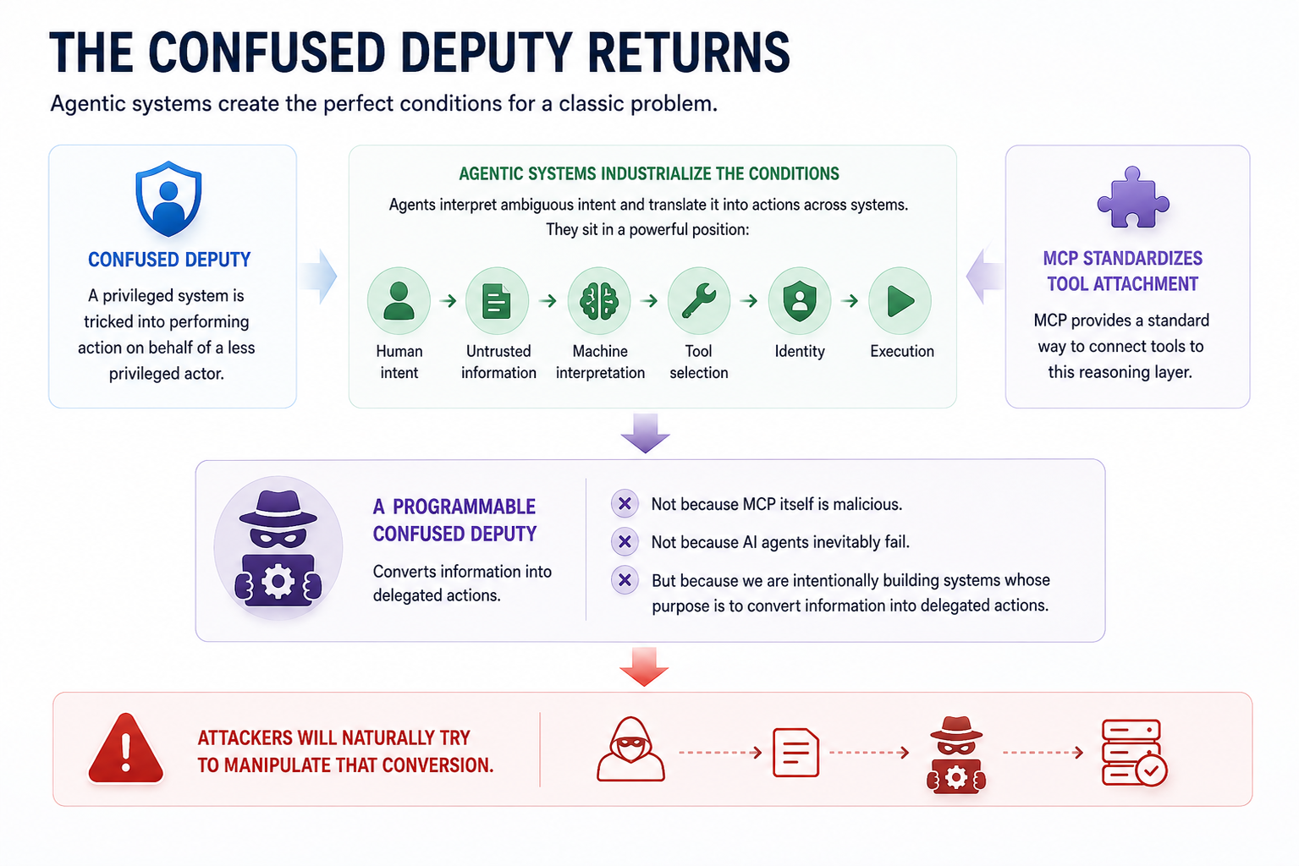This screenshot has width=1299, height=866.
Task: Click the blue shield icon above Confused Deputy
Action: click(168, 199)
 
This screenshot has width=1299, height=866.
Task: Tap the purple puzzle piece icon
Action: click(1133, 198)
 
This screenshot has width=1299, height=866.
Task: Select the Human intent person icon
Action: click(399, 301)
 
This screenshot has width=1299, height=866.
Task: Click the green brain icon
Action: click(599, 301)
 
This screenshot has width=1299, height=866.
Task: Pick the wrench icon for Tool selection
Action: click(699, 301)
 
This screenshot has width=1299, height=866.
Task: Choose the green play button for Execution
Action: click(900, 301)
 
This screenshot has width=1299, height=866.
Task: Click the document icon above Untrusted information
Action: click(497, 301)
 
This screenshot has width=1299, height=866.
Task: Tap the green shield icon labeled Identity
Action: click(800, 301)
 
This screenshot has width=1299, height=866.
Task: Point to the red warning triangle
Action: click(126, 748)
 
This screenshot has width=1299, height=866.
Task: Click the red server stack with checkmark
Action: click(1134, 753)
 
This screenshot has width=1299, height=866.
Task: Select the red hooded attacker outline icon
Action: click(630, 749)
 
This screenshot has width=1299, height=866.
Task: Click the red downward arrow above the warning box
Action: click(644, 666)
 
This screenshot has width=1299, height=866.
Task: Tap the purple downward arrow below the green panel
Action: click(646, 433)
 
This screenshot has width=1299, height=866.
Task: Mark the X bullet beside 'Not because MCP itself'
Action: click(625, 503)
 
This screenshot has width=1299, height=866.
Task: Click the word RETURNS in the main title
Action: click(689, 52)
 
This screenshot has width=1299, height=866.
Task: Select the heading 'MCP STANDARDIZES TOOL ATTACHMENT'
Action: click(1123, 271)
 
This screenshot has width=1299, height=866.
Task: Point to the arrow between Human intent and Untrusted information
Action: click(448, 301)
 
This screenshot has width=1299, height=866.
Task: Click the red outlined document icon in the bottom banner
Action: click(795, 753)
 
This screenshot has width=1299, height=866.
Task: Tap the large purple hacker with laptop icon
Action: click(278, 548)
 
